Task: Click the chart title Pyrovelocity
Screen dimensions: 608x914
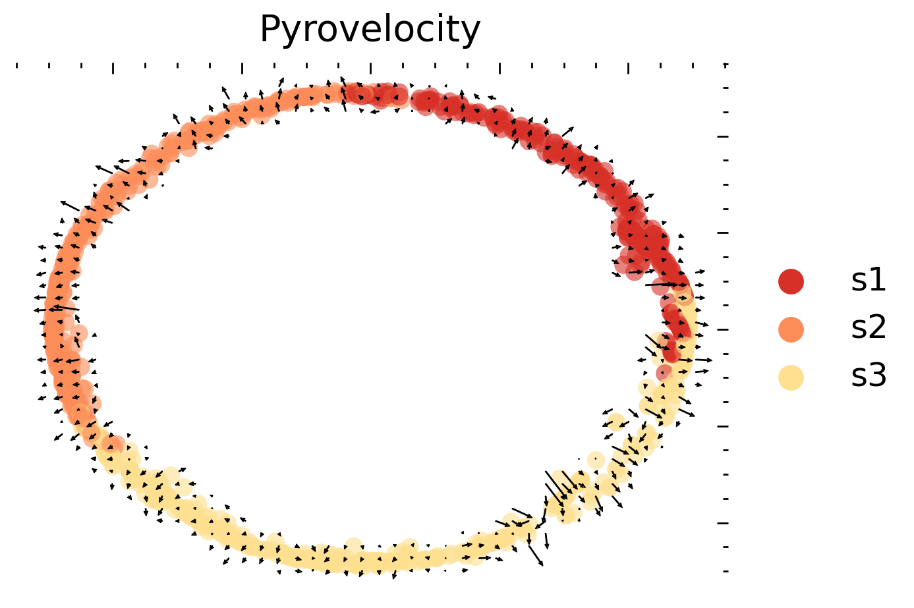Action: tap(370, 30)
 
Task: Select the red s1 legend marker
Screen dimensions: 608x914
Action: tap(791, 281)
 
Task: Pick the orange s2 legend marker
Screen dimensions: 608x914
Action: tap(791, 329)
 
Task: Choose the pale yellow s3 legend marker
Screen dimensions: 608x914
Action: tap(791, 377)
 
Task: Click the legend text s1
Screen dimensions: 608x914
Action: tap(868, 281)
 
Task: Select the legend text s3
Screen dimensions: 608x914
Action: tap(868, 377)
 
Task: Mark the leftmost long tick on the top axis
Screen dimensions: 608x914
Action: tap(113, 68)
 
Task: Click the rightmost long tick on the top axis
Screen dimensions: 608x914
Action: tap(628, 68)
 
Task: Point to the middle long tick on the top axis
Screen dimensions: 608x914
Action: tap(371, 68)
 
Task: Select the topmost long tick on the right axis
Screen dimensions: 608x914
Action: tap(723, 136)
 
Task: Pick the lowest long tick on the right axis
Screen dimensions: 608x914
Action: tap(723, 523)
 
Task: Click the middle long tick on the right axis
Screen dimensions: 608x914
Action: tap(723, 329)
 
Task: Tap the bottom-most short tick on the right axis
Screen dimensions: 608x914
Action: tap(726, 571)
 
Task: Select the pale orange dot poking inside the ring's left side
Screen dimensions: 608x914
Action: tap(79, 333)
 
